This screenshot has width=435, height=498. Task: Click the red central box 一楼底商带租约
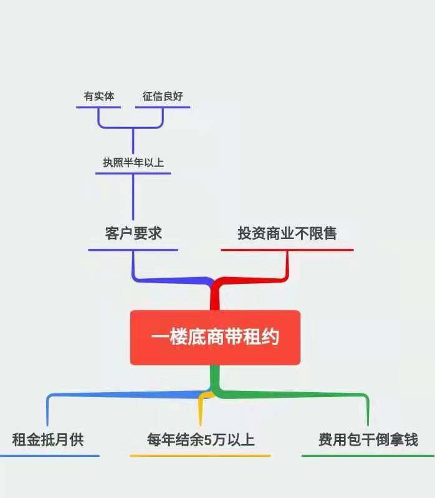click(x=215, y=337)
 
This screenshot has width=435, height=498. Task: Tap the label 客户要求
click(x=133, y=233)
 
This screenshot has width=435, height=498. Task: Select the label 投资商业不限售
click(x=287, y=233)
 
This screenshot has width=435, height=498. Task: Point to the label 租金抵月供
click(x=48, y=439)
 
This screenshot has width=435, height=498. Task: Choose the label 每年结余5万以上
click(x=201, y=439)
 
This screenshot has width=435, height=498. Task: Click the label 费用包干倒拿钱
click(x=368, y=439)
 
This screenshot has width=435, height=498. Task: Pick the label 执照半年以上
click(x=133, y=162)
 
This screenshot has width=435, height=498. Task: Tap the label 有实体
click(x=99, y=96)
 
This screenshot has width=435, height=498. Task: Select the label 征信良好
click(x=163, y=96)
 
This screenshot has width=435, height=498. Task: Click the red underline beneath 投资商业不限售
click(x=287, y=250)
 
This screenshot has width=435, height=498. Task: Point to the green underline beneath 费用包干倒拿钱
click(x=368, y=456)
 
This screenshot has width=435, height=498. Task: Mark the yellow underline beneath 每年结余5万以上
click(x=200, y=456)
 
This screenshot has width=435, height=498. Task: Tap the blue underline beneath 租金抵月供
click(x=49, y=456)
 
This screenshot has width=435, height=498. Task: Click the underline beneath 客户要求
click(x=133, y=250)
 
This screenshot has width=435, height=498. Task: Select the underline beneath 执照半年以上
click(x=133, y=173)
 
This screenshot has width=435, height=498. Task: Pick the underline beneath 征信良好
click(x=163, y=107)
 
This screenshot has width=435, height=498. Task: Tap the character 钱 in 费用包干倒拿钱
click(x=411, y=439)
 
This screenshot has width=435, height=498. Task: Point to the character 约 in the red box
click(x=270, y=337)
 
